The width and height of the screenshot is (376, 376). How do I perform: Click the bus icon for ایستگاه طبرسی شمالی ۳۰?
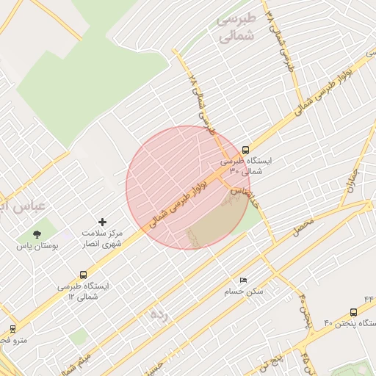[245, 148]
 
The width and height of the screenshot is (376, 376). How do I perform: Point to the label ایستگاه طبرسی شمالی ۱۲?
[83, 290]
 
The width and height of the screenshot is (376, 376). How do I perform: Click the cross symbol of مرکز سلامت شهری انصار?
[102, 221]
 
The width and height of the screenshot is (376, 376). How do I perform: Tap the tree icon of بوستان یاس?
[37, 234]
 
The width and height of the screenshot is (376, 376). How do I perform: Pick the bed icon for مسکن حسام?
[243, 280]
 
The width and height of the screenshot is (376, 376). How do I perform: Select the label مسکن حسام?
[243, 292]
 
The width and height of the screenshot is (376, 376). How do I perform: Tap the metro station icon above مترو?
[12, 328]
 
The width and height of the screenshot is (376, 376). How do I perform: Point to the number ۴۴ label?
[368, 299]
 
